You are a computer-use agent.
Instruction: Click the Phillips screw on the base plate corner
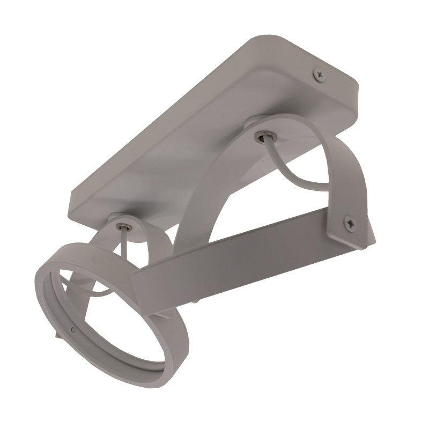pos(320,76)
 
